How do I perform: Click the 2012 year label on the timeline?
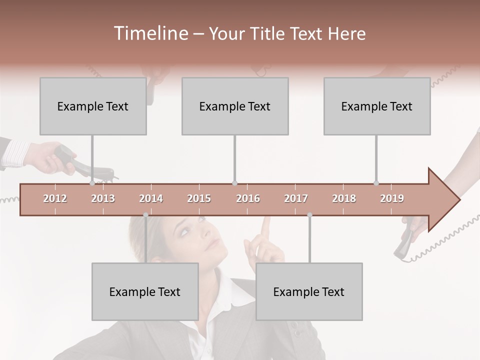(55, 198)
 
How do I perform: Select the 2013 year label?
(103, 198)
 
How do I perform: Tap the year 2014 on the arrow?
(151, 198)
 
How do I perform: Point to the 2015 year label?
(199, 198)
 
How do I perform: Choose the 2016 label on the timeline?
(248, 198)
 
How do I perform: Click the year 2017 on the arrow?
(296, 198)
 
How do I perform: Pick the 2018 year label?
(344, 198)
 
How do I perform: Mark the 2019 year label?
(392, 198)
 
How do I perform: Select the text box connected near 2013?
(93, 106)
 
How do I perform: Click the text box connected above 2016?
(235, 106)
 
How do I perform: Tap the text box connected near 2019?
(377, 106)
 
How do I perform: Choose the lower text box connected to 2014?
(145, 291)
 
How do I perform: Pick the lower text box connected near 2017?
(309, 291)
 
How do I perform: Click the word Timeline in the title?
(149, 33)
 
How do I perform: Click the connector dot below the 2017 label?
(309, 215)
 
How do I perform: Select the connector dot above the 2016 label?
(235, 183)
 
